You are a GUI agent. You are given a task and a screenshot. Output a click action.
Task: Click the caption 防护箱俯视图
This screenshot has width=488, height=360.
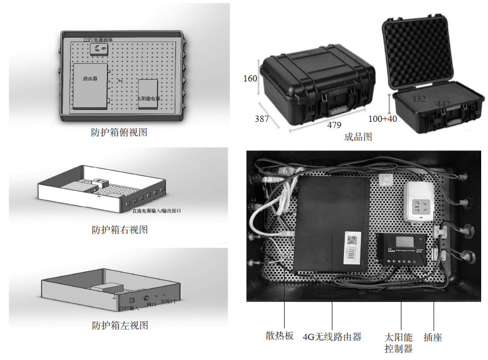pyautogui.click(x=119, y=133)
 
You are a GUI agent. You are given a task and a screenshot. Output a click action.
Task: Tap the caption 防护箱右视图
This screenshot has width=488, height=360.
pyautogui.click(x=120, y=230)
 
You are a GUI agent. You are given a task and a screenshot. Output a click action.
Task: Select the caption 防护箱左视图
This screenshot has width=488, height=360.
pyautogui.click(x=120, y=326)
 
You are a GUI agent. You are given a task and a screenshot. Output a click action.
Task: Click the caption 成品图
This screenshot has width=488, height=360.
pyautogui.click(x=358, y=137)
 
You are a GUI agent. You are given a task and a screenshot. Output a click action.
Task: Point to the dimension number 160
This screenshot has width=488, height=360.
pyautogui.click(x=251, y=79)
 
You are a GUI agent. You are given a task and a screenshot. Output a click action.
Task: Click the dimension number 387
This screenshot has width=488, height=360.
pyautogui.click(x=261, y=118)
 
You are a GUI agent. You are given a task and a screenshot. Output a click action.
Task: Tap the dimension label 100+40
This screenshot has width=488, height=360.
pyautogui.click(x=383, y=119)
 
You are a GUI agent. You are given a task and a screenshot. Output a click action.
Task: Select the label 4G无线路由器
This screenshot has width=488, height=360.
pyautogui.click(x=332, y=337)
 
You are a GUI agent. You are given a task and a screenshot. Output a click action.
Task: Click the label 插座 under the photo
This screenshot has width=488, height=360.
pyautogui.click(x=433, y=337)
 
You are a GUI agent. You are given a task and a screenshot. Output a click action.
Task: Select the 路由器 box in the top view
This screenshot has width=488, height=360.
pyautogui.click(x=90, y=85)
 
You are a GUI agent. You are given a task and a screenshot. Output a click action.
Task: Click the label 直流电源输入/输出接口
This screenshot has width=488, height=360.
pyautogui.click(x=157, y=211)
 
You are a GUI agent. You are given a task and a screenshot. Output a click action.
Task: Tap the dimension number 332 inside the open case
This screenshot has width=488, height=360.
pyautogui.click(x=419, y=99)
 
